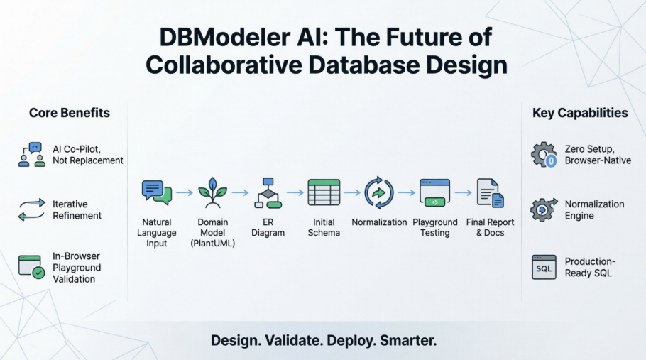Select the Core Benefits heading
click(x=70, y=113)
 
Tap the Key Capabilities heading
click(x=580, y=113)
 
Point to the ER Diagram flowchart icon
click(x=268, y=192)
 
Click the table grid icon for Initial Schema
click(x=324, y=192)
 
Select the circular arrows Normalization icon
click(x=379, y=192)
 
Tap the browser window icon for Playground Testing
click(x=434, y=192)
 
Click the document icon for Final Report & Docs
click(x=490, y=192)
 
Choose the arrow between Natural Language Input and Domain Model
click(x=185, y=192)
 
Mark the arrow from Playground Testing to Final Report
click(x=463, y=192)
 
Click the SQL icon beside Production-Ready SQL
click(x=544, y=267)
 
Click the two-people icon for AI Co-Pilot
click(x=31, y=154)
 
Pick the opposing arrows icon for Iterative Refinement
click(x=31, y=210)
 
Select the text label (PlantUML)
click(x=212, y=244)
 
